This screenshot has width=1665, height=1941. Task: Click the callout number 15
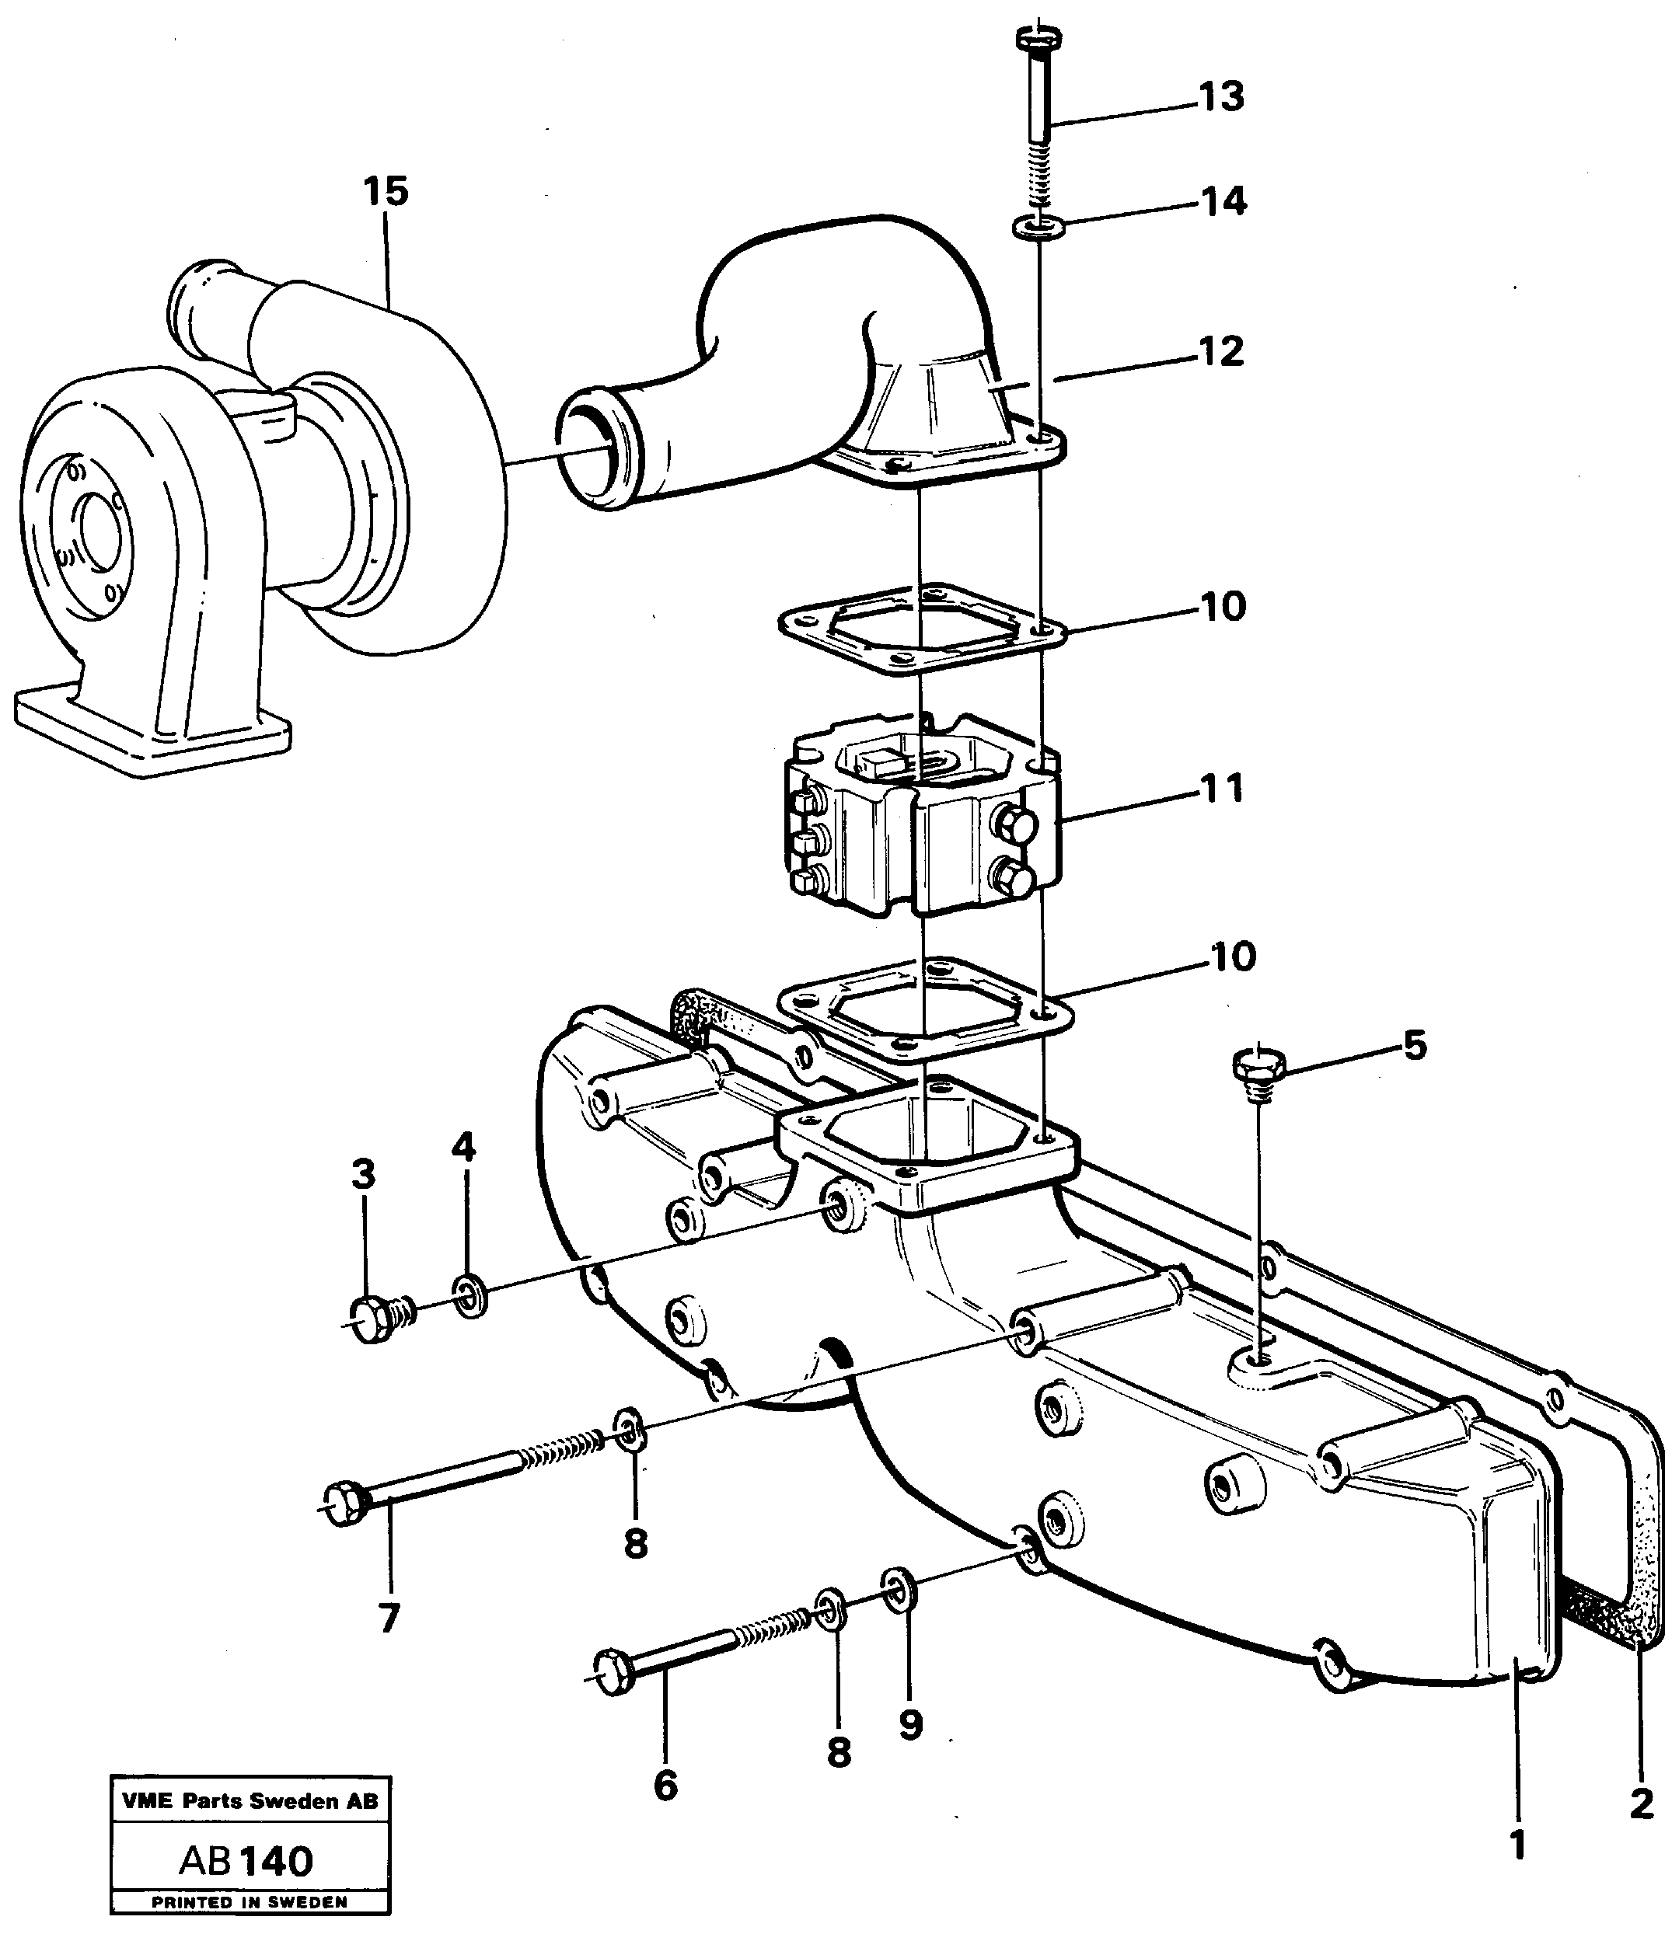click(386, 192)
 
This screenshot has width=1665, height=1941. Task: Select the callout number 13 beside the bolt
click(1221, 97)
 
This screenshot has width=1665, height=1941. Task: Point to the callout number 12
click(1222, 352)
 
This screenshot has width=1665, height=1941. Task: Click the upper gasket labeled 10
click(923, 629)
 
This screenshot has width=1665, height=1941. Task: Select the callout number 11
click(1222, 789)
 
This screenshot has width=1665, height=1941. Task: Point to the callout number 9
click(909, 1725)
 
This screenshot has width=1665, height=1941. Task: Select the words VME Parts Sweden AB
click(250, 1800)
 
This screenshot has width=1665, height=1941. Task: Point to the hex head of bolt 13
click(1040, 40)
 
